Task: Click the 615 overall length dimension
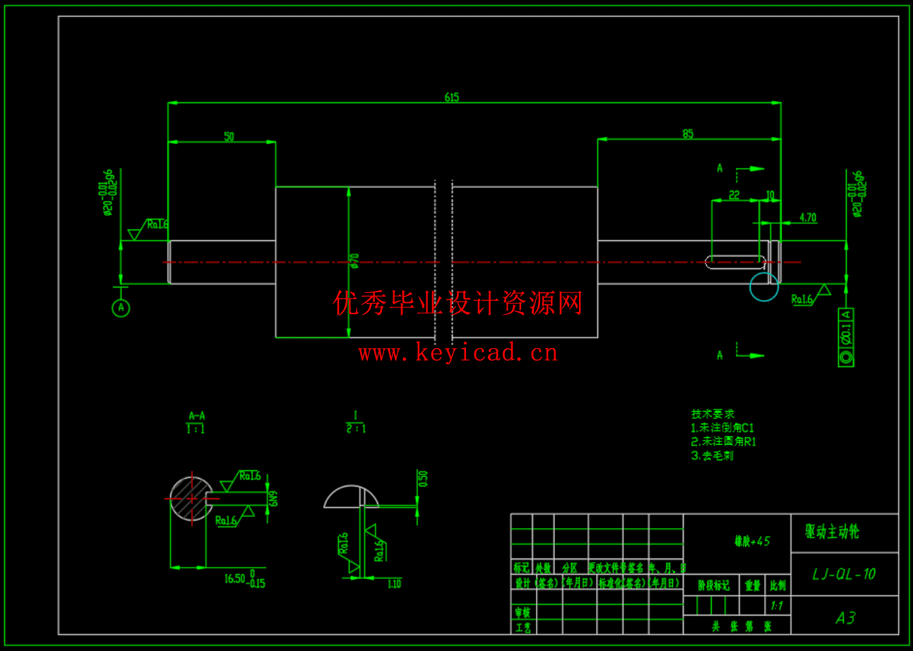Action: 452,97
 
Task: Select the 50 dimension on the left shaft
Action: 229,137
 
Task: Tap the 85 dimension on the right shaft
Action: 688,133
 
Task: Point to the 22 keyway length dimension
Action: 734,195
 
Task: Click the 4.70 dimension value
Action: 807,218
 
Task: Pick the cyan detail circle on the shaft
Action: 764,287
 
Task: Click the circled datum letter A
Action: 121,308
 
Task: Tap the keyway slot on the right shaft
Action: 735,263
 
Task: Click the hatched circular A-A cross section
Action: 191,498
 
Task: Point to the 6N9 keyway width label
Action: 273,498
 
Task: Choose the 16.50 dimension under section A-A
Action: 234,578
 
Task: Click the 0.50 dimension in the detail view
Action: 423,479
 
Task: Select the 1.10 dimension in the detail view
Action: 394,583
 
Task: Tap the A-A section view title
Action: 196,416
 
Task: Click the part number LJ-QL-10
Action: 844,574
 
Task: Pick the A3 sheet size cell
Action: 845,619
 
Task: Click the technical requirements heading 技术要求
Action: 712,414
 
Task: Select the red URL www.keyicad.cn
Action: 458,352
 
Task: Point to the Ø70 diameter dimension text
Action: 355,261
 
